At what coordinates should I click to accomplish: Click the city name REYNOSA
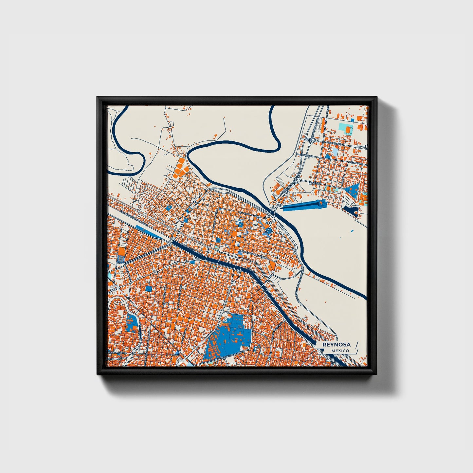(x=336, y=345)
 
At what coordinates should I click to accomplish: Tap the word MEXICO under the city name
(x=340, y=351)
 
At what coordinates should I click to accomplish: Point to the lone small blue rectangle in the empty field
(x=352, y=231)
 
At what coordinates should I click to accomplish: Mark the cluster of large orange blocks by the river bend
(x=180, y=169)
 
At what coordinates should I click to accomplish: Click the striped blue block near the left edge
(x=121, y=259)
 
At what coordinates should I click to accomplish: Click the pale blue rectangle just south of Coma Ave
(x=336, y=152)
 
